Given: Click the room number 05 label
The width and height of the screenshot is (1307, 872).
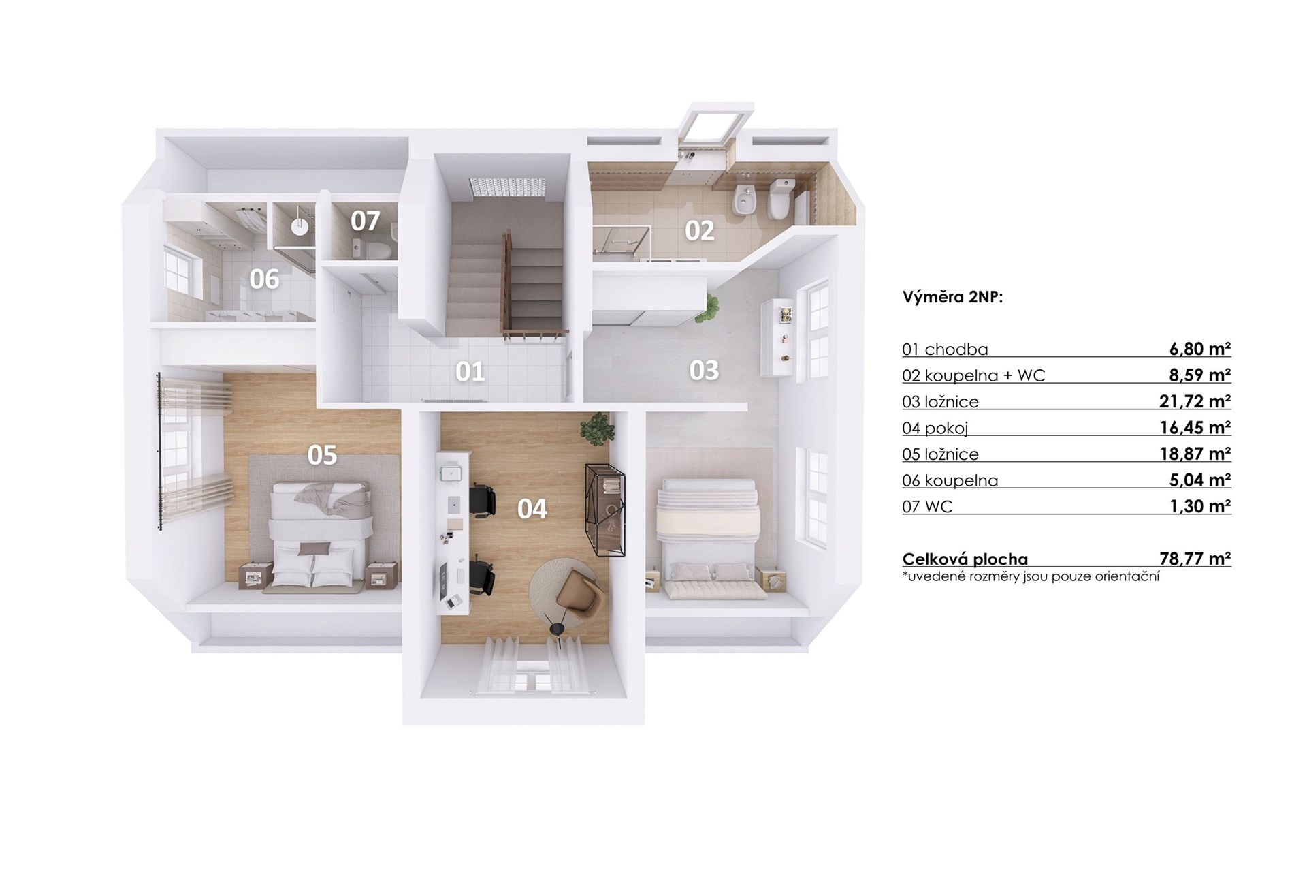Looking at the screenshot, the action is tap(322, 455).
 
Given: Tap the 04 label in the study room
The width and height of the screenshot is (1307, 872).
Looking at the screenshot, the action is tap(532, 509).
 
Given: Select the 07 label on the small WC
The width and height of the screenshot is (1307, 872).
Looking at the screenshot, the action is tap(365, 221).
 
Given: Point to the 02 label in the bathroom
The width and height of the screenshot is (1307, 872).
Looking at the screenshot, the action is tap(699, 231).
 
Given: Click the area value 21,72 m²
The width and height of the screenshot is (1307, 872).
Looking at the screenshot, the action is tap(1195, 401).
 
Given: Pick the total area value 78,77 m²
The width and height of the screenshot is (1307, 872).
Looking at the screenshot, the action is tap(1195, 559).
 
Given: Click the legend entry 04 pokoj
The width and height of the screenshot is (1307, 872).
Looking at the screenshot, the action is tap(935, 429).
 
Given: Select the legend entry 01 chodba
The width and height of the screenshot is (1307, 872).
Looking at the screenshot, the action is tap(945, 349).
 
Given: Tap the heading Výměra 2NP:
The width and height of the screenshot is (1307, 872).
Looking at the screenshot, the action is tap(952, 298).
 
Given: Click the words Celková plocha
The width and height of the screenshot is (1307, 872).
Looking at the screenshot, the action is tap(965, 559).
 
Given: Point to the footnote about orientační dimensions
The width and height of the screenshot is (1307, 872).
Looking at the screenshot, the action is tap(1031, 577).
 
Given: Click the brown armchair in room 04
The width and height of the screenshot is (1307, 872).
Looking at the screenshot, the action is tap(577, 592).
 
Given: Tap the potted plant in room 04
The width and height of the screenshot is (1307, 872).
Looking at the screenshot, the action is tap(597, 429).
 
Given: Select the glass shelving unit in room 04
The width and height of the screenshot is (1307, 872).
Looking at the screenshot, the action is tap(604, 510).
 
